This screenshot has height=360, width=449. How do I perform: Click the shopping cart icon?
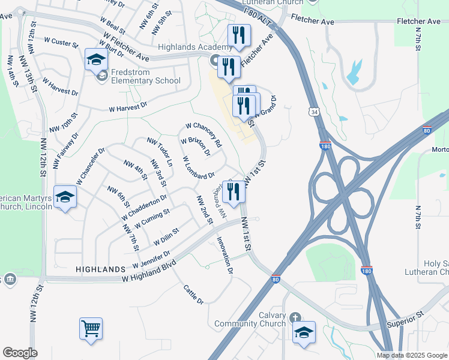click(x=91, y=328)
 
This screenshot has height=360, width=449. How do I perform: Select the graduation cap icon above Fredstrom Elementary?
click(x=96, y=59)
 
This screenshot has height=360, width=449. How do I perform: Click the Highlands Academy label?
click(x=194, y=47)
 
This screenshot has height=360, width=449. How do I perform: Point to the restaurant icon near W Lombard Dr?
click(x=233, y=191)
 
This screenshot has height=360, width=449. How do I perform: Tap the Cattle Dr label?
click(x=193, y=293)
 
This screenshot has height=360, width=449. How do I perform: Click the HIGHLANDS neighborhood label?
click(x=100, y=270)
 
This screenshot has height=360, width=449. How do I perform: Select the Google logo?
click(x=20, y=353)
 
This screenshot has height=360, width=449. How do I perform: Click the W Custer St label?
click(x=61, y=44)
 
